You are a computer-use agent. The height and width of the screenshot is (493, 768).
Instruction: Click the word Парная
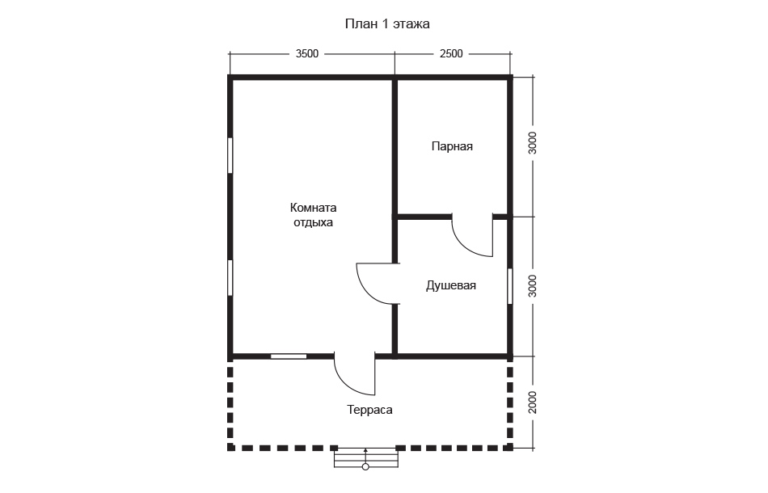(x=452, y=146)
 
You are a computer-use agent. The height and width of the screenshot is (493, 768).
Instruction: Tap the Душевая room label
(x=450, y=285)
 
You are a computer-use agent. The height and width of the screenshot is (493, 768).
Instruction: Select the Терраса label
(x=369, y=410)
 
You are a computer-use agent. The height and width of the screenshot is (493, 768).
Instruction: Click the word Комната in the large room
(x=313, y=208)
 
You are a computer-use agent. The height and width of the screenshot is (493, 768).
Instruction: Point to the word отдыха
(x=313, y=223)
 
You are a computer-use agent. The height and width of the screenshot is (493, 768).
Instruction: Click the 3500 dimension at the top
(x=307, y=54)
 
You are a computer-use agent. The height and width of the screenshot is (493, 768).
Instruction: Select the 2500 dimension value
(x=451, y=54)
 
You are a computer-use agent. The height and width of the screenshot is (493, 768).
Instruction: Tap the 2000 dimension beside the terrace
(x=533, y=402)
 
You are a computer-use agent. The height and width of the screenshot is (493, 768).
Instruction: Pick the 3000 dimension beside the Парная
(x=533, y=143)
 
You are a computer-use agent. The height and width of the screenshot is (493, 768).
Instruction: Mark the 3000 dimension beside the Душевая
(x=533, y=286)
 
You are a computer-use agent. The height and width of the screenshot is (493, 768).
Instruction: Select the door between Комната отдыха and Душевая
(x=365, y=289)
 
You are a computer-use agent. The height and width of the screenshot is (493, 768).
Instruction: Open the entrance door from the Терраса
(x=345, y=381)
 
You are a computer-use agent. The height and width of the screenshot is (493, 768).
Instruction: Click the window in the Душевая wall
(x=510, y=286)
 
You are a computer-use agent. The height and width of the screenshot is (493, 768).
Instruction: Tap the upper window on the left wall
(x=230, y=155)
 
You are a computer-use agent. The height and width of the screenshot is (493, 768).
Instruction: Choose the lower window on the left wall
(x=230, y=277)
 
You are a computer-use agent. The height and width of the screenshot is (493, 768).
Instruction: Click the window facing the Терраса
(x=289, y=356)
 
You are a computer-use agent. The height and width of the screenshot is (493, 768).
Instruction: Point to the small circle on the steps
(x=365, y=467)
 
